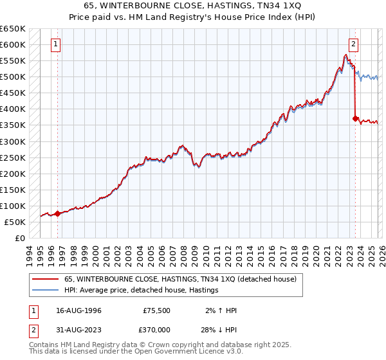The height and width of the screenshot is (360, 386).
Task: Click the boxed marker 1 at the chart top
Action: pos(57,44)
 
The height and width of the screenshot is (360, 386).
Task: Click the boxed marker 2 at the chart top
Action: pos(354,44)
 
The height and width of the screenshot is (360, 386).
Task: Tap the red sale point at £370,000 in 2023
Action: pos(355,118)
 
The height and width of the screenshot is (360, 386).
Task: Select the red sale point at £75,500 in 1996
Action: pos(57,213)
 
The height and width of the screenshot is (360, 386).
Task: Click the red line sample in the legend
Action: pos(45,280)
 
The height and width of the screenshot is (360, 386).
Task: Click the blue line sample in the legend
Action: pos(45,291)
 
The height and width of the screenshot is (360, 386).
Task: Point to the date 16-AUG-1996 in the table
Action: pos(77,310)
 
